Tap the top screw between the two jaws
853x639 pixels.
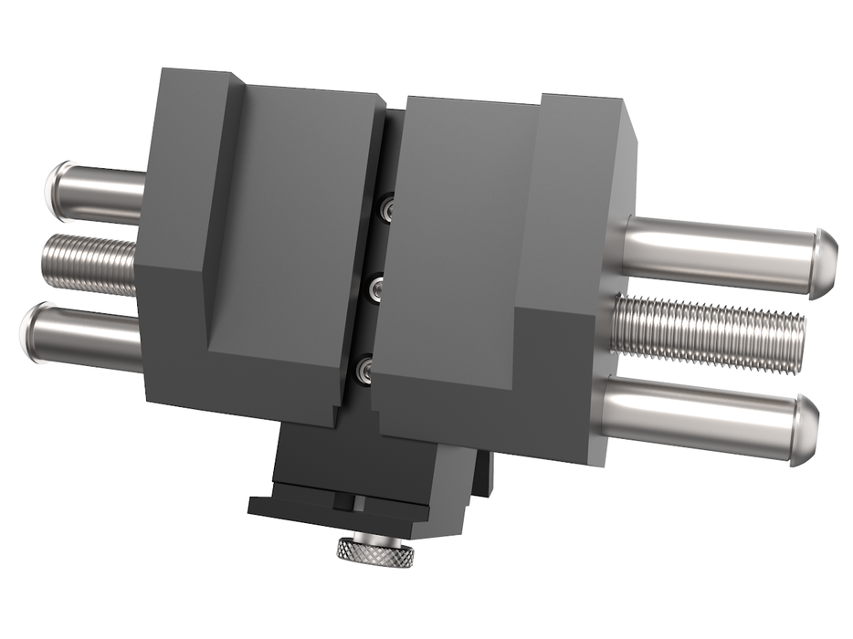388,210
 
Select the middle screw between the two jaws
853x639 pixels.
376,290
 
